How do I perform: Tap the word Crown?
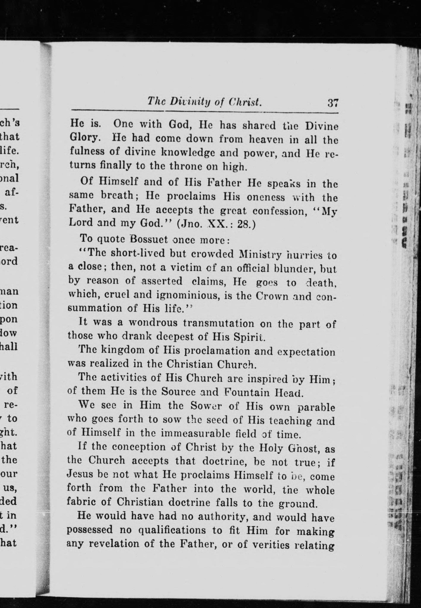[272, 296]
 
